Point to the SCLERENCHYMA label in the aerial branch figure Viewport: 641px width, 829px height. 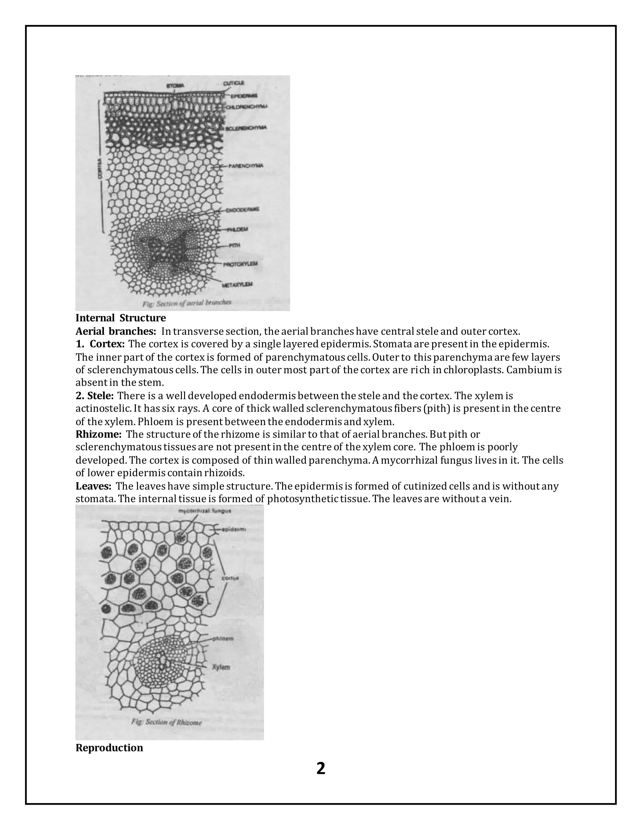[x=246, y=128]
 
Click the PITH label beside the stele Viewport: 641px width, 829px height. [x=234, y=246]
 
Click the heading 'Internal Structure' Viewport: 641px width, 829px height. [x=121, y=318]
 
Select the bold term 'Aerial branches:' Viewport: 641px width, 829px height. [x=116, y=331]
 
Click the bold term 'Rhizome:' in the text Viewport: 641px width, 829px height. [x=98, y=434]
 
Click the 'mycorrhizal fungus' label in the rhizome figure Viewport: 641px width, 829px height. [x=205, y=511]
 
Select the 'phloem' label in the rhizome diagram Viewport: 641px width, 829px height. [x=223, y=639]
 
